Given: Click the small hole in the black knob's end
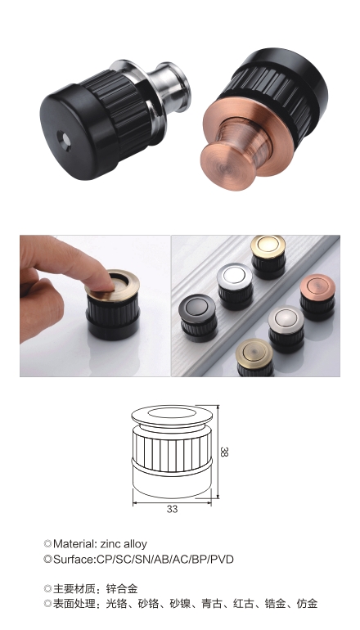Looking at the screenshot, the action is click(64, 141).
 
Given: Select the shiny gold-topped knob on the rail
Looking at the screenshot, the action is click(268, 256).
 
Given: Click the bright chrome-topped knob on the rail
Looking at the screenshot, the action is click(235, 286).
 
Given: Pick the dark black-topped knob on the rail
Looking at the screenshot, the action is click(199, 317).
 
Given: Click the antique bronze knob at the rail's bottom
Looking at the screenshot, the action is click(254, 358).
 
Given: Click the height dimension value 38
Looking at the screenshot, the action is click(224, 452).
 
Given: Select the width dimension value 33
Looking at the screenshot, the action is click(172, 509).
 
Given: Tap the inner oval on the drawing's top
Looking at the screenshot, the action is click(172, 412).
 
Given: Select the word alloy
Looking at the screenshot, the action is click(136, 544).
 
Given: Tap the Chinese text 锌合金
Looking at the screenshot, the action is click(122, 589).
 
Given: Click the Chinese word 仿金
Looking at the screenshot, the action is click(307, 604).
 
